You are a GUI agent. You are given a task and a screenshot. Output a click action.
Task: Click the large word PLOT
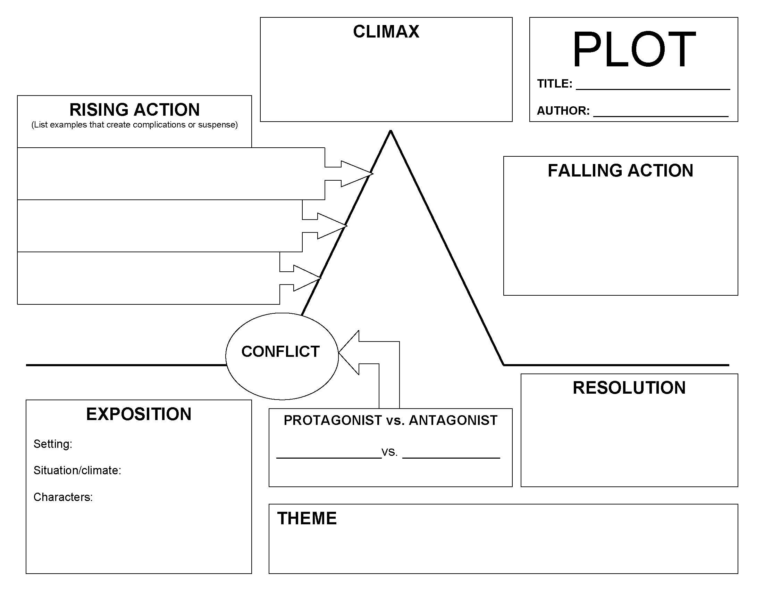[x=633, y=49]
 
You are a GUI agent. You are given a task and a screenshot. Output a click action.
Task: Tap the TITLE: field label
[x=554, y=84]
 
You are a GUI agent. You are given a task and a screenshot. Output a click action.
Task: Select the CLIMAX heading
[x=386, y=32]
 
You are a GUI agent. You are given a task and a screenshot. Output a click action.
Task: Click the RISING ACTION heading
[x=134, y=109]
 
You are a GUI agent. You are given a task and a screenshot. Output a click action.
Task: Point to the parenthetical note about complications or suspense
[x=134, y=125]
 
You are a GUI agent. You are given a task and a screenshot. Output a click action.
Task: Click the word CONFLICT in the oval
[x=280, y=352]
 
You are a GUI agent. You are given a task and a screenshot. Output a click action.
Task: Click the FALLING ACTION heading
[x=620, y=171]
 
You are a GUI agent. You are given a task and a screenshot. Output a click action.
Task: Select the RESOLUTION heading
[x=629, y=388]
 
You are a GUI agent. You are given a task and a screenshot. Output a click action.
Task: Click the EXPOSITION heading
[x=138, y=414]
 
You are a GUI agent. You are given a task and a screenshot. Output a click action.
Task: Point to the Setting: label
[x=53, y=444]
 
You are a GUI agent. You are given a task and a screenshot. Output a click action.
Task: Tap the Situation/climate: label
[x=77, y=470]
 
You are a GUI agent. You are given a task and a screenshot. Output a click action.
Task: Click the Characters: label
[x=63, y=497]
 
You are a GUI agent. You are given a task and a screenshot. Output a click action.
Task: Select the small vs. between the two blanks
[x=389, y=452]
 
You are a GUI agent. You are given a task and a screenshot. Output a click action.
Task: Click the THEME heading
[x=307, y=518]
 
